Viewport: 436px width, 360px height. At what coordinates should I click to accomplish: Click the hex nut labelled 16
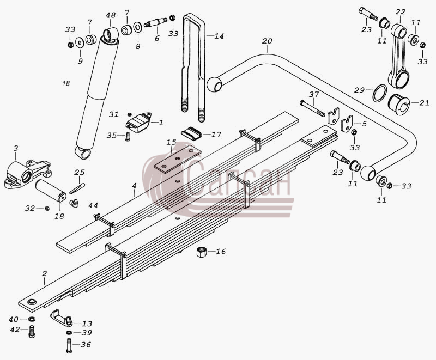tap(201, 252)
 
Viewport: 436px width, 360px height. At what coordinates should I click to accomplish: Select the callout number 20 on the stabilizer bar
tap(267, 41)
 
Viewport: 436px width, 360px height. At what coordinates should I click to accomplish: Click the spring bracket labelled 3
tap(28, 174)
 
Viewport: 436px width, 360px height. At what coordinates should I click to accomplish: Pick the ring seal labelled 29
tap(379, 93)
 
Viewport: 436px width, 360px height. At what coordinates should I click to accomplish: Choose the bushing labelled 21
tap(399, 105)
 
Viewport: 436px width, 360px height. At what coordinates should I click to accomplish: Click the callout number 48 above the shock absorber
tap(111, 15)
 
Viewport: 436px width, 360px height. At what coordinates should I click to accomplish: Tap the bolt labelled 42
tap(32, 331)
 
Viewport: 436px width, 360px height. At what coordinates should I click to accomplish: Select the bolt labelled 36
tap(69, 345)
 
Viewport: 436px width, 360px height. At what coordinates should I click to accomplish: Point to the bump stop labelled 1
tap(139, 122)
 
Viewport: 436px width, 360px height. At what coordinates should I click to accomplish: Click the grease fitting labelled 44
tap(74, 203)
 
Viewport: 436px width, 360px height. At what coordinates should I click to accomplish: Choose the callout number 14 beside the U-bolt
tap(219, 36)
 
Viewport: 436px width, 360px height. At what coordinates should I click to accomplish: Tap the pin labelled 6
tap(155, 22)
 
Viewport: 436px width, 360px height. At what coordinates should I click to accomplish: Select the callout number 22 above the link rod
tap(401, 12)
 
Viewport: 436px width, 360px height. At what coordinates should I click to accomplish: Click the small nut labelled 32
tap(47, 208)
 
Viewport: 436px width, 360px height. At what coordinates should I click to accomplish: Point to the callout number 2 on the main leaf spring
tap(45, 273)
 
